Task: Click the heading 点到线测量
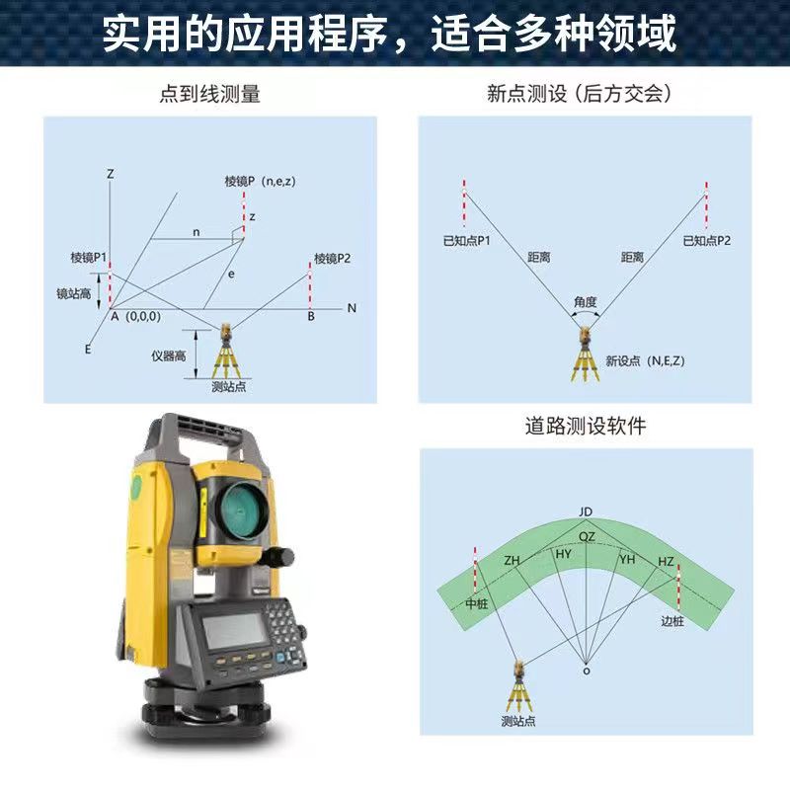(x=209, y=94)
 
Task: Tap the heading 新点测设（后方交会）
(x=580, y=93)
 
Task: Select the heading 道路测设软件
(x=586, y=426)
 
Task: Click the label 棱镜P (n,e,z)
(x=260, y=181)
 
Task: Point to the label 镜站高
(x=73, y=293)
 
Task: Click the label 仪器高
(x=169, y=355)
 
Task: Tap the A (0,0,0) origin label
(x=135, y=316)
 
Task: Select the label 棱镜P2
(x=332, y=259)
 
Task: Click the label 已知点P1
(x=466, y=240)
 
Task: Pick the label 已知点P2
(x=706, y=240)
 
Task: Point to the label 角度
(x=585, y=302)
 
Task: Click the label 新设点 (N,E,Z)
(x=645, y=360)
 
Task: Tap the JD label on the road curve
(x=586, y=512)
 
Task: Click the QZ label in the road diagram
(x=587, y=536)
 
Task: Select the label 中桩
(x=477, y=602)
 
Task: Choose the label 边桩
(x=672, y=621)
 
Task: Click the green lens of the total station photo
(x=244, y=509)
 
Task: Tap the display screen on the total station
(x=234, y=630)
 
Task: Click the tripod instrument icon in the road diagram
(x=518, y=686)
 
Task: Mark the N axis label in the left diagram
(x=352, y=308)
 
